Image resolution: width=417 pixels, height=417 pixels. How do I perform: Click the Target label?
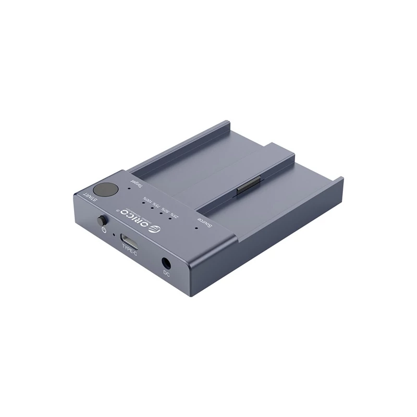tap(135, 186)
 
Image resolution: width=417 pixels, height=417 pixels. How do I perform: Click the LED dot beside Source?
tap(196, 226)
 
